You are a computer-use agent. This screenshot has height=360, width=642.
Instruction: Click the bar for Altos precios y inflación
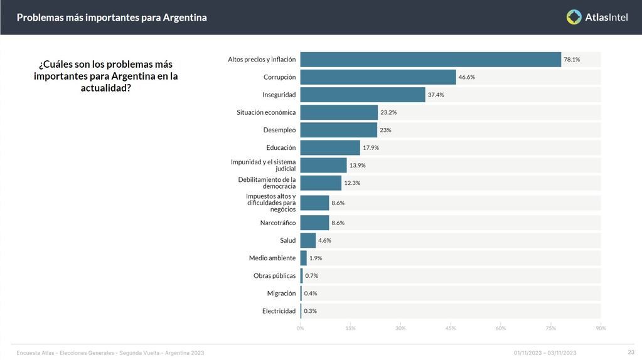click(431, 60)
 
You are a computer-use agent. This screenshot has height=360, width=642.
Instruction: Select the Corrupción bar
click(378, 77)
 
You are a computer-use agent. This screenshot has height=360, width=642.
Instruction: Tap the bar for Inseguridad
click(363, 95)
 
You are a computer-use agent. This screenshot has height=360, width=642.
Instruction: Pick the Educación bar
click(330, 147)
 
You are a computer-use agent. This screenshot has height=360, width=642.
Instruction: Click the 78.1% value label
click(572, 60)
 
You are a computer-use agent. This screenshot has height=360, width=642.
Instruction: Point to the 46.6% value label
click(466, 77)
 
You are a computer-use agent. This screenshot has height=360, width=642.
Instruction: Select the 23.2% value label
click(388, 112)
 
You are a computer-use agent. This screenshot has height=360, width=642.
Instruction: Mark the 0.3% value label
click(310, 311)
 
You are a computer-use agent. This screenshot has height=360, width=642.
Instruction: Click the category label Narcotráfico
click(277, 223)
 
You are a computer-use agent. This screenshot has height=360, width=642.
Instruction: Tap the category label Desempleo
click(279, 130)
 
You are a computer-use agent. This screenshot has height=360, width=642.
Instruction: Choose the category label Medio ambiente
click(272, 258)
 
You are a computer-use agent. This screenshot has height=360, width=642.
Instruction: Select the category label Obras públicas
click(274, 275)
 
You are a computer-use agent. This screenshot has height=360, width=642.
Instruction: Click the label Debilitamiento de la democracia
click(267, 183)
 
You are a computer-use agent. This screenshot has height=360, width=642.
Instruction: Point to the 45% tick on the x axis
click(451, 328)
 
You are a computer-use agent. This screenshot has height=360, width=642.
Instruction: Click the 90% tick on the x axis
click(601, 328)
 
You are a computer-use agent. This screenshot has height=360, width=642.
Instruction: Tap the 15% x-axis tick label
click(350, 328)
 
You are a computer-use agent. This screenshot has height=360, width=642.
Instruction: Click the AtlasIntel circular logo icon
click(574, 17)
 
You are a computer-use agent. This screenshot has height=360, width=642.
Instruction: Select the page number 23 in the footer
click(631, 352)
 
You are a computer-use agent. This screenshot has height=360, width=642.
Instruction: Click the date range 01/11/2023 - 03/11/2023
click(545, 352)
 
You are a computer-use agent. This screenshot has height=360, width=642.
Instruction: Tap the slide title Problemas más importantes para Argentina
click(112, 18)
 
